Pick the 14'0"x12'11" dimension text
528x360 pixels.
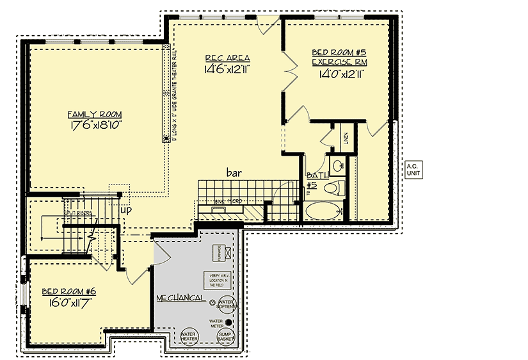341,74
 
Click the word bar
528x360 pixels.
232,172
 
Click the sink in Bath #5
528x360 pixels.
337,165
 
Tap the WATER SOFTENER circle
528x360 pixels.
227,304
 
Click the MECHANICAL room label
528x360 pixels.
181,299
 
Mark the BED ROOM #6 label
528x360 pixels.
65,291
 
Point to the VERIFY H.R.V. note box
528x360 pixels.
215,279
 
